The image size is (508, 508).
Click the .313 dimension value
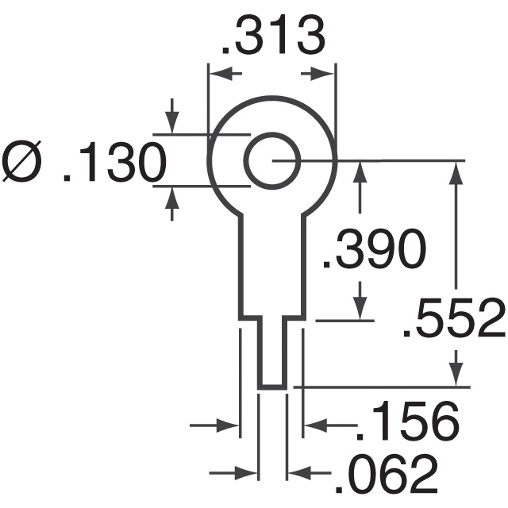(271, 36)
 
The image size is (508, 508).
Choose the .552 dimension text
(453, 321)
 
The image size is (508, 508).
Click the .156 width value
(406, 421)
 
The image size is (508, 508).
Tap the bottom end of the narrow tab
(271, 387)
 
